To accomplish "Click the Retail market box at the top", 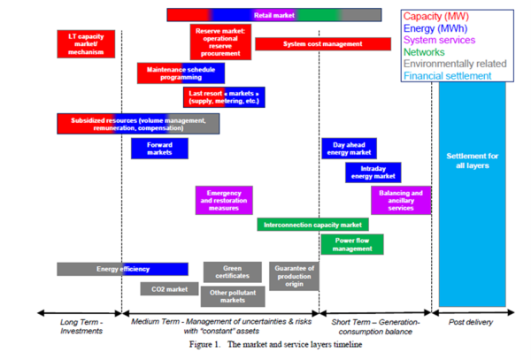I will tap(273, 15).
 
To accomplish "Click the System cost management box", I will tap(321, 44).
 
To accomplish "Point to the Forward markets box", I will tap(159, 148).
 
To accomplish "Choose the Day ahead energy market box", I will tap(348, 148).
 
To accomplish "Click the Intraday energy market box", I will tap(373, 172).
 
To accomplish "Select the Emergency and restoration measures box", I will tap(223, 200).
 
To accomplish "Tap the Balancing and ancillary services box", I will tap(401, 200).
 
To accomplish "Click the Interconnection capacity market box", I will tap(312, 225).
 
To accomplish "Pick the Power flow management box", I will tap(351, 244).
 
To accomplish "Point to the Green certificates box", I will tap(232, 272).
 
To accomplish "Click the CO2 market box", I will tap(170, 288).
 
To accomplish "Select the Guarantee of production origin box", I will tap(296, 276).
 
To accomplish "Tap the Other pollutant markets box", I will tap(232, 295).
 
